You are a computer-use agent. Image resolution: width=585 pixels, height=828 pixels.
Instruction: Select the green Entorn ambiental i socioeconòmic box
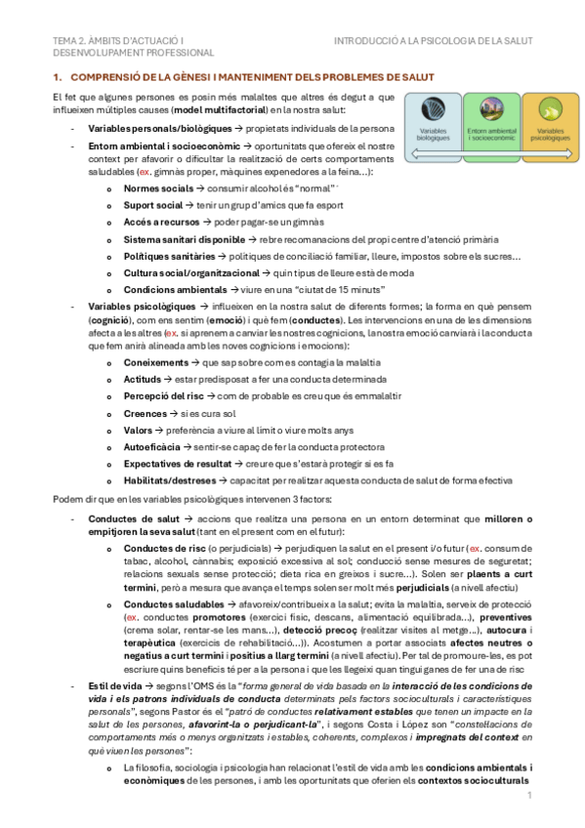(491, 120)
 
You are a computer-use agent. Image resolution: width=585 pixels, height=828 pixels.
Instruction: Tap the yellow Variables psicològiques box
(550, 120)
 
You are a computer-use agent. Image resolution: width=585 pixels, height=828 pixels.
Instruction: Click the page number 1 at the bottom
(528, 796)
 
